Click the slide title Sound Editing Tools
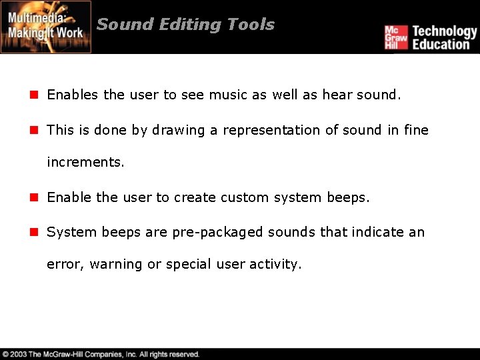(x=185, y=25)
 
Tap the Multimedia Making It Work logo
(x=46, y=27)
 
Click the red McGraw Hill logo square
(x=395, y=37)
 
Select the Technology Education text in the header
(x=444, y=37)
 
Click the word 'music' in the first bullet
(x=228, y=95)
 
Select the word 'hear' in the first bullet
(x=337, y=95)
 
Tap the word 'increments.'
(x=85, y=163)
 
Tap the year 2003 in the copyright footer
(x=19, y=355)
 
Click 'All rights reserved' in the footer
(x=169, y=355)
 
